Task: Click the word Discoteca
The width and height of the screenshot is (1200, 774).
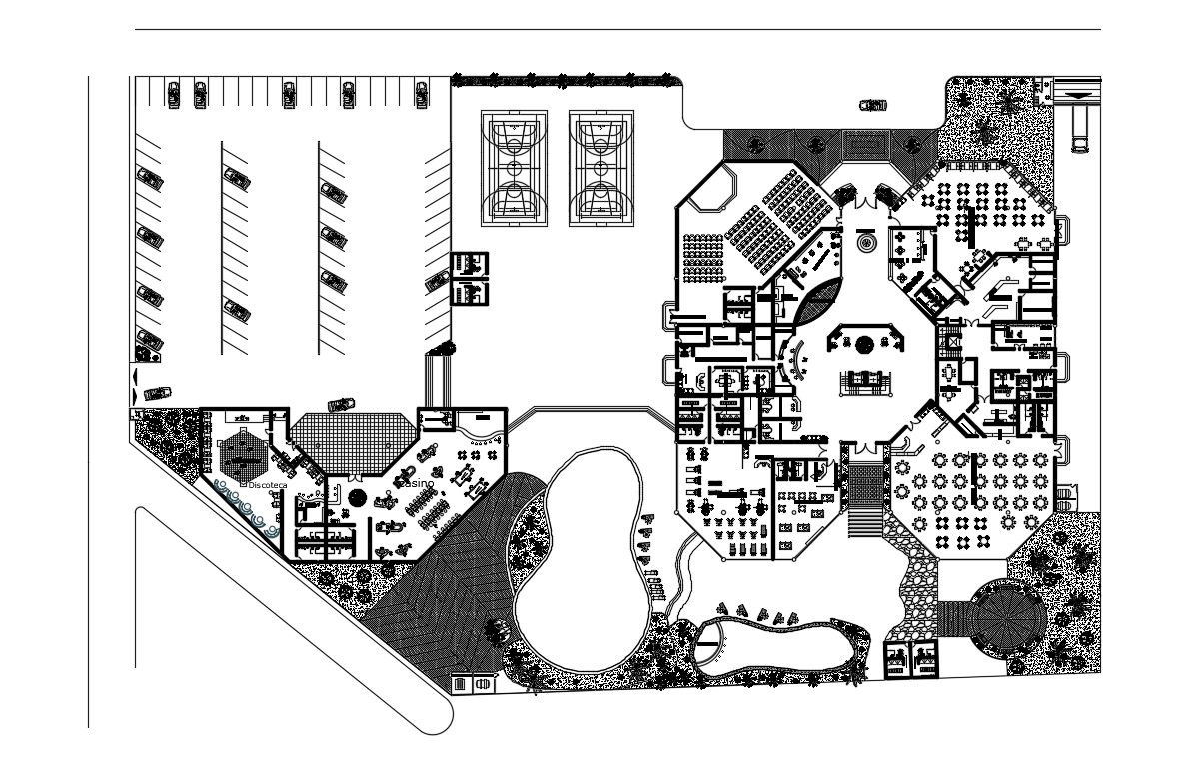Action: (x=268, y=484)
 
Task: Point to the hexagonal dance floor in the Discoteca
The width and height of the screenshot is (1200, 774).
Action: (x=241, y=455)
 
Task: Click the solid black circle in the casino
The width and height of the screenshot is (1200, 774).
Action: (x=358, y=496)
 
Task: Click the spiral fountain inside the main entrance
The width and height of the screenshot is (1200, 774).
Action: (x=865, y=242)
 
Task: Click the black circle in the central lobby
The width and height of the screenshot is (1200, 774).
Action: (x=865, y=345)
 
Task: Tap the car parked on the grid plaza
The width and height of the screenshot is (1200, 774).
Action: (x=341, y=402)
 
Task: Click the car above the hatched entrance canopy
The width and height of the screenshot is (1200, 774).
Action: (x=873, y=105)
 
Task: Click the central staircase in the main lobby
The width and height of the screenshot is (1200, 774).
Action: (x=865, y=381)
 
